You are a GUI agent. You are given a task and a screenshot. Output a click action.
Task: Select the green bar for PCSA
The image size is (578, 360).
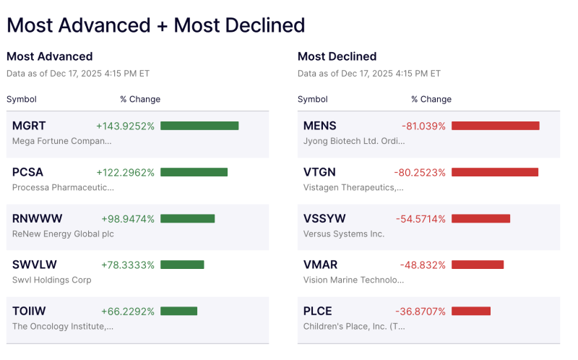[x=194, y=172]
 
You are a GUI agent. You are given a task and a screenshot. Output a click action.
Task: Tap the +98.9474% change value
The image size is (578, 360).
[x=128, y=218]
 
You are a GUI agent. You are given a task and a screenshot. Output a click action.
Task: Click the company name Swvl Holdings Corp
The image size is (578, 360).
[x=52, y=280]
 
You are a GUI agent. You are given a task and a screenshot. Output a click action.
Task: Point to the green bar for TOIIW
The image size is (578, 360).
[x=178, y=311]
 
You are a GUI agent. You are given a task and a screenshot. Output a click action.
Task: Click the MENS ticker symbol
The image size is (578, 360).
[x=320, y=126]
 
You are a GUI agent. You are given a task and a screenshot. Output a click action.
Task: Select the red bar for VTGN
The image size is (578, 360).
[x=495, y=172]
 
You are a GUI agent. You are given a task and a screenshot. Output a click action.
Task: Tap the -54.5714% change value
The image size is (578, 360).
[x=420, y=218]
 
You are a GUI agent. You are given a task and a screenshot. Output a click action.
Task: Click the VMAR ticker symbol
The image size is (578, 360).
[x=321, y=265]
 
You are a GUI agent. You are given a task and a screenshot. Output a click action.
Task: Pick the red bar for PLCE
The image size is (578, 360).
[x=471, y=311]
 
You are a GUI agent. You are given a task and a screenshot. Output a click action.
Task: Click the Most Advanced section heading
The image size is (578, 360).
[x=50, y=56]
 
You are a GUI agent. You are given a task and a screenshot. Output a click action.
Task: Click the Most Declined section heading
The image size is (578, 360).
[x=337, y=56]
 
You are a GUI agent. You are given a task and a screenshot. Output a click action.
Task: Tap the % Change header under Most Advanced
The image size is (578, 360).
[x=140, y=99]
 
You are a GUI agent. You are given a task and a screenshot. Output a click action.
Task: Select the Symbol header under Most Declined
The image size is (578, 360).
[x=312, y=99]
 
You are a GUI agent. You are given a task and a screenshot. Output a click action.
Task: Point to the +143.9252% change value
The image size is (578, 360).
[x=125, y=126]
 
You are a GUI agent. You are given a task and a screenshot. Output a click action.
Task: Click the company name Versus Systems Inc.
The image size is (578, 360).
[x=344, y=233]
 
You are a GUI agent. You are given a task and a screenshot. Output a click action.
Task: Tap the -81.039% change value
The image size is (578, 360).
[x=423, y=126]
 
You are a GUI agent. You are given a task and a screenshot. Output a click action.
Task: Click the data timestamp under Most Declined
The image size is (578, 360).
[x=368, y=74]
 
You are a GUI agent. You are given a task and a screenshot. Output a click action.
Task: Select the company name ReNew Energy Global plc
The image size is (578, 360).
[x=63, y=233]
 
